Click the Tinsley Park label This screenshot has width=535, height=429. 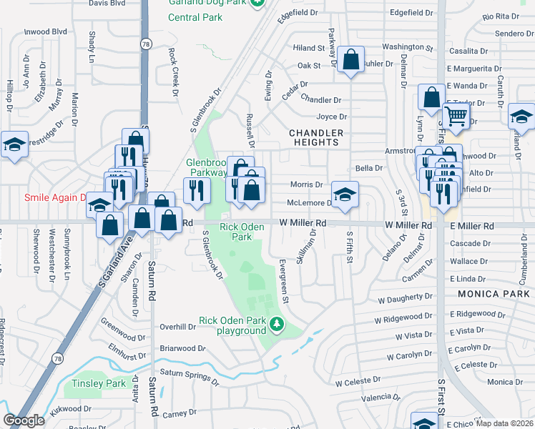[99, 384]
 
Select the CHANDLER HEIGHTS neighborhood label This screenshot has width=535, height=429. [316, 138]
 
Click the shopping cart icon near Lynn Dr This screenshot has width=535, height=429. [455, 115]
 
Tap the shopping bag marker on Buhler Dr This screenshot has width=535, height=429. [351, 60]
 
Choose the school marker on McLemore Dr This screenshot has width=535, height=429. [345, 194]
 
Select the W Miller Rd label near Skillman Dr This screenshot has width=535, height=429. [303, 224]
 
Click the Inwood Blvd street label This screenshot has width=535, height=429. [45, 32]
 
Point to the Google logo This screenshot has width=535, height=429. [24, 420]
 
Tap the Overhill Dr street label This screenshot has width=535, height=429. [177, 327]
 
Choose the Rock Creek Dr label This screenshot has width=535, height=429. [172, 71]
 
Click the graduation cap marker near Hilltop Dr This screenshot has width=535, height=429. [14, 144]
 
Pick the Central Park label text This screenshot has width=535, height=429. [194, 16]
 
